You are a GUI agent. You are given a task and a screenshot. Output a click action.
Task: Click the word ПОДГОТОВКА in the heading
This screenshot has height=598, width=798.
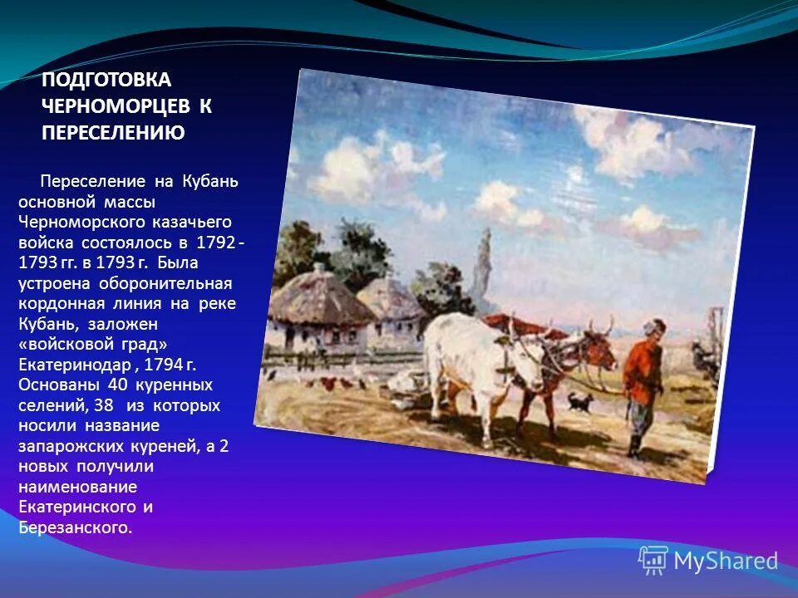coord(106,80)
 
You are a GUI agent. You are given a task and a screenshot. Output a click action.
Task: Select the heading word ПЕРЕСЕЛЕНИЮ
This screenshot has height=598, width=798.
coord(113,131)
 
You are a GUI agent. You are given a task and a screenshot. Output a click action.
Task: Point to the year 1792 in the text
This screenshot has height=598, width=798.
coord(215,243)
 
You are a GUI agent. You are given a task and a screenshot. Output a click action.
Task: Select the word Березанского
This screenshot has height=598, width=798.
coord(73,527)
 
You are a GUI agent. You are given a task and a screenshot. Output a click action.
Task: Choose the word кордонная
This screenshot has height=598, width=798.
coord(57,304)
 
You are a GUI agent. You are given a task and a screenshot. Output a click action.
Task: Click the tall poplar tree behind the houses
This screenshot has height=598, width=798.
coord(481,266)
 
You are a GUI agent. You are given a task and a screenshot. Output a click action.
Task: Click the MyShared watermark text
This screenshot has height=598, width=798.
coord(725,561)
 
